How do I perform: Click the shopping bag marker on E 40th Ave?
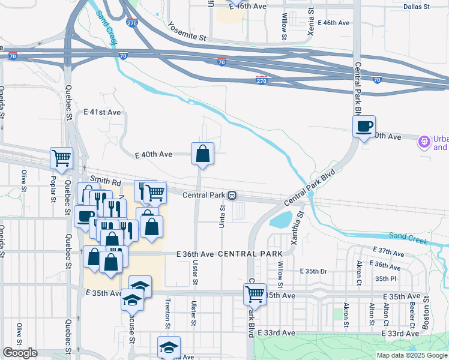coord(203,154)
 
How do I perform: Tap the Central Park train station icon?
coord(232,195)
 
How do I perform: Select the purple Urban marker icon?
coord(424,141)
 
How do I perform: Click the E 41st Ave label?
coord(102,112)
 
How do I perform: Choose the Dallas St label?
coord(417,7)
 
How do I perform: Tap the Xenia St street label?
coord(311,22)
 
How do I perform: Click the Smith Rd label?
coord(106,180)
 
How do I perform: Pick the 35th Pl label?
coord(386,278)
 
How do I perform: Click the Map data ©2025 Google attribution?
coord(412,355)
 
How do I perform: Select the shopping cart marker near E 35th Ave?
coord(255,295)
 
